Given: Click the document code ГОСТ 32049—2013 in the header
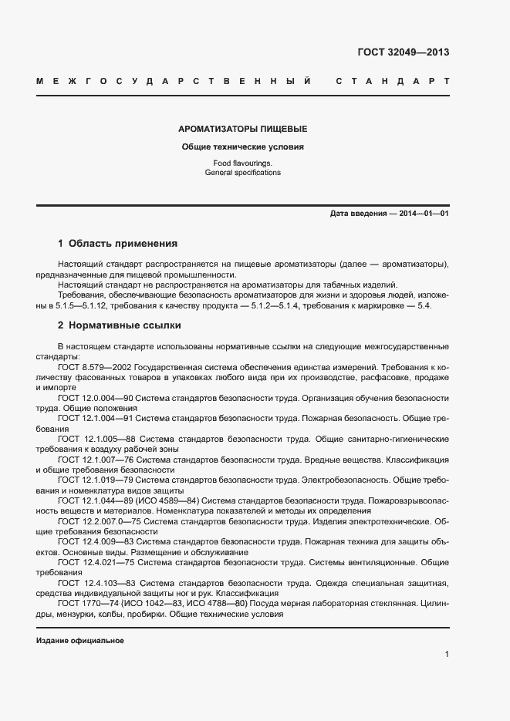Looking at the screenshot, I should click(403, 52).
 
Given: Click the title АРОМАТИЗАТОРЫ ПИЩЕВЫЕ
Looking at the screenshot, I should click(243, 129).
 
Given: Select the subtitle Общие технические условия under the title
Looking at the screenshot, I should click(243, 147).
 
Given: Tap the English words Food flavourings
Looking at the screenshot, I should click(243, 163).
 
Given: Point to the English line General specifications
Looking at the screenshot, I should click(243, 173).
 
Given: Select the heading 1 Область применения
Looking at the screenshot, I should click(117, 243).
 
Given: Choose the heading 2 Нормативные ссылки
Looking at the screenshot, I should click(119, 325).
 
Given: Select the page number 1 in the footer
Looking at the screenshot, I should click(447, 655).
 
